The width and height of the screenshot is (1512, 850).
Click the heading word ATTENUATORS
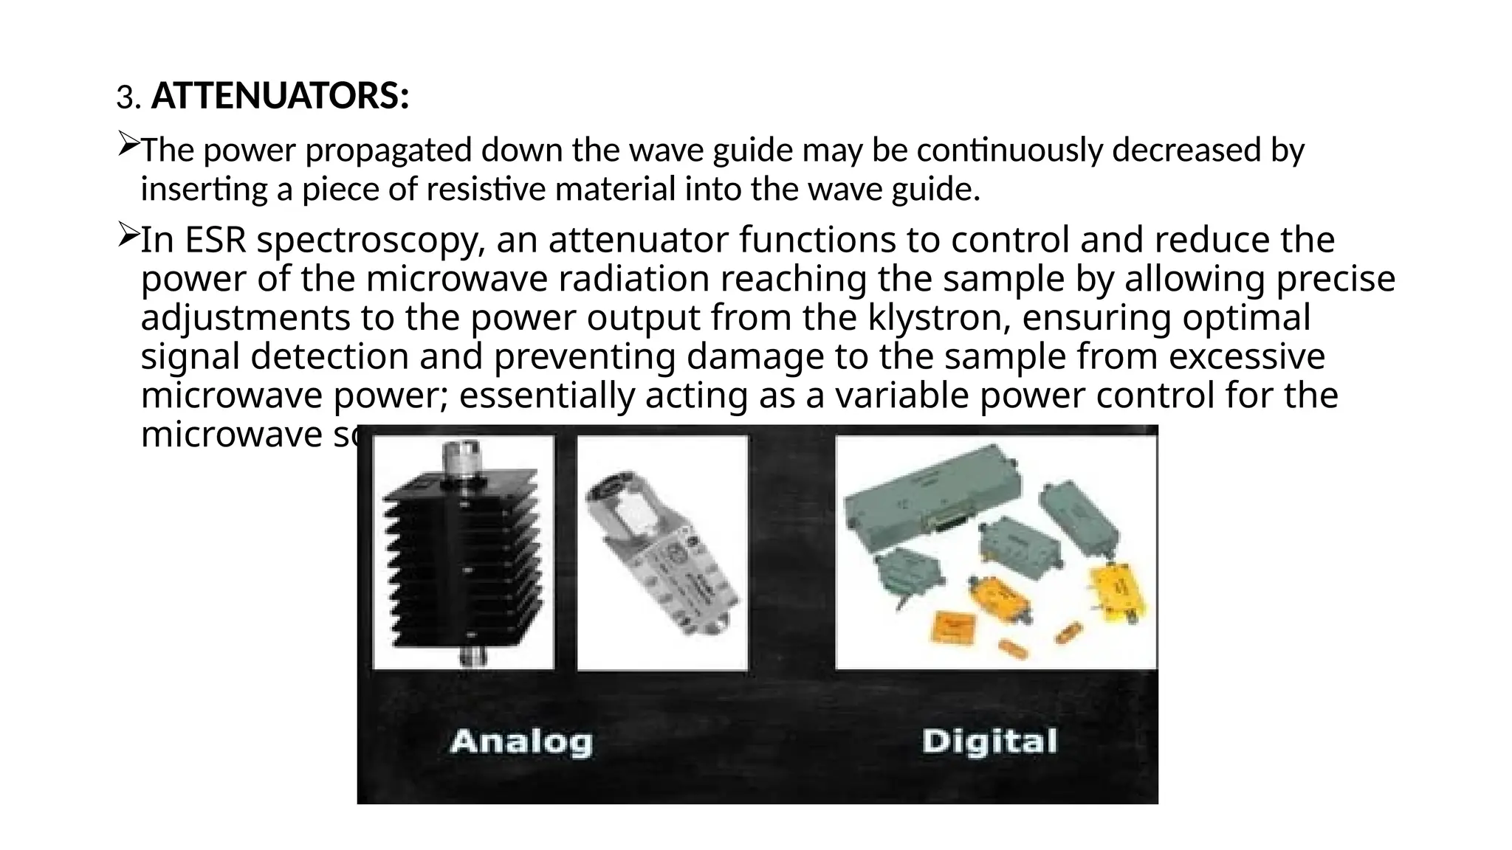click(x=280, y=97)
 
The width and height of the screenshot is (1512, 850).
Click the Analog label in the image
click(x=521, y=741)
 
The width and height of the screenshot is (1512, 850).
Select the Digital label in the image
click(x=989, y=741)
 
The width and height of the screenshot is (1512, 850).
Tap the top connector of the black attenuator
click(x=462, y=457)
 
